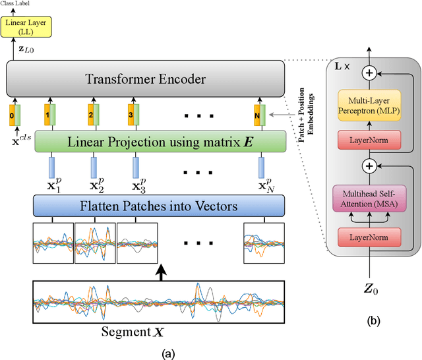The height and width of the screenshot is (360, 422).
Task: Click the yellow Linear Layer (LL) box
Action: [x=22, y=26]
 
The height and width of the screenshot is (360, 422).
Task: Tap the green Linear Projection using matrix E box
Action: [x=160, y=140]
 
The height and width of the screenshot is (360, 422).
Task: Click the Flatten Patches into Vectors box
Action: [x=160, y=206]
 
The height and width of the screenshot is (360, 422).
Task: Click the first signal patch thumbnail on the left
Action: [x=53, y=243]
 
